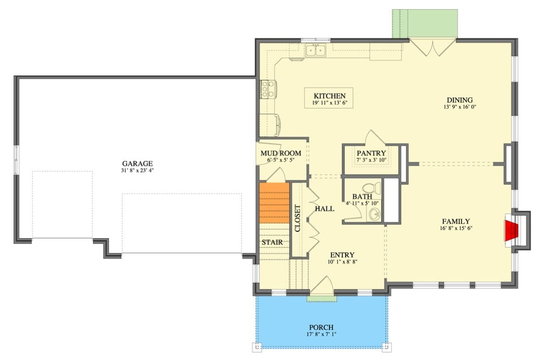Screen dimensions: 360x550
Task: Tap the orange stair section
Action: click(x=274, y=202)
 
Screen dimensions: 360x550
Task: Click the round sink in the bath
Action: click(x=375, y=213)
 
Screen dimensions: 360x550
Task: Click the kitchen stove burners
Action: click(x=265, y=89)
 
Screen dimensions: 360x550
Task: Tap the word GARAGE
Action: click(x=137, y=164)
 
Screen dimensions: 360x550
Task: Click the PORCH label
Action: click(x=321, y=327)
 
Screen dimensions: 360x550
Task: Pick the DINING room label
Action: click(x=459, y=100)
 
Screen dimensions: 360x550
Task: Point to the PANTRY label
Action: click(x=371, y=153)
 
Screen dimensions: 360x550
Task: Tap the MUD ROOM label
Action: click(x=280, y=153)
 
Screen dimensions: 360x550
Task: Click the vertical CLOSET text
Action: click(x=297, y=218)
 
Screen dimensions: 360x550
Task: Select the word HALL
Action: click(x=324, y=209)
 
